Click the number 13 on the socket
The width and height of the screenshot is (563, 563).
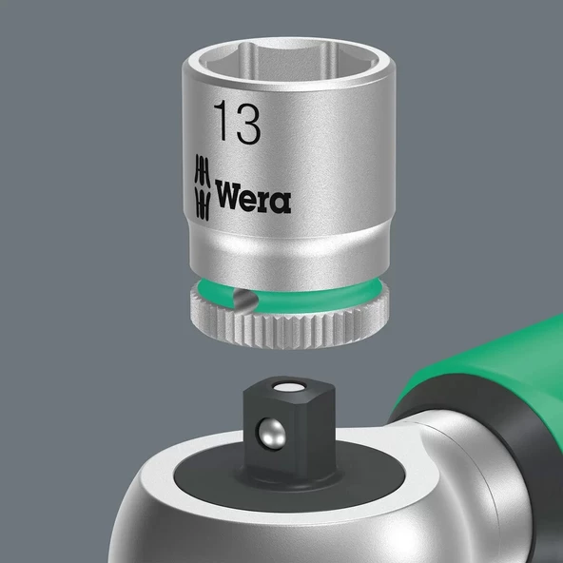[x=237, y=124]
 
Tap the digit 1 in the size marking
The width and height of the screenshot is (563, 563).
[x=223, y=124]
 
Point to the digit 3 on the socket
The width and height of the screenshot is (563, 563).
[x=248, y=124]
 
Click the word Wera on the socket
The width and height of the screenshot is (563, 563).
[x=253, y=197]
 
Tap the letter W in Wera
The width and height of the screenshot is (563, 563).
[x=229, y=197]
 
